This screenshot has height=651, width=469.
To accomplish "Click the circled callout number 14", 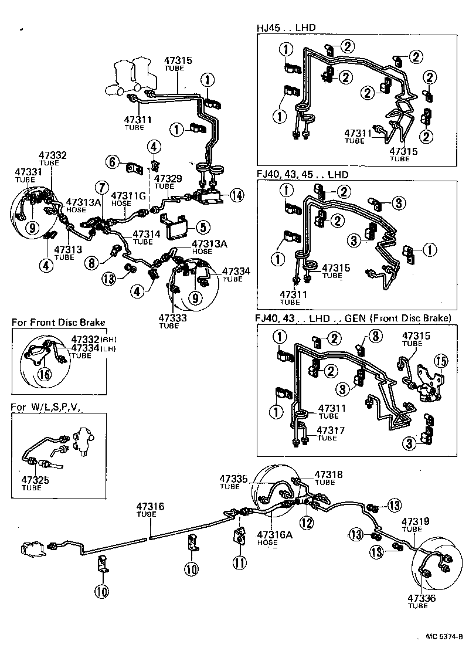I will coord(236,196).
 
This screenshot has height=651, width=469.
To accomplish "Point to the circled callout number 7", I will coord(103,188).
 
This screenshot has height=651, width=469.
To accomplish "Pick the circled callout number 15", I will coord(440,360).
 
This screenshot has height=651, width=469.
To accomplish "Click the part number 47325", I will coord(32,480).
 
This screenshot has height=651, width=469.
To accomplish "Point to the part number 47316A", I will coord(270,535).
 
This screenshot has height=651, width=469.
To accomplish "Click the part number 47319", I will coord(416,521).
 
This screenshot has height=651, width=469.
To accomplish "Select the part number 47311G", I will coord(125,195).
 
